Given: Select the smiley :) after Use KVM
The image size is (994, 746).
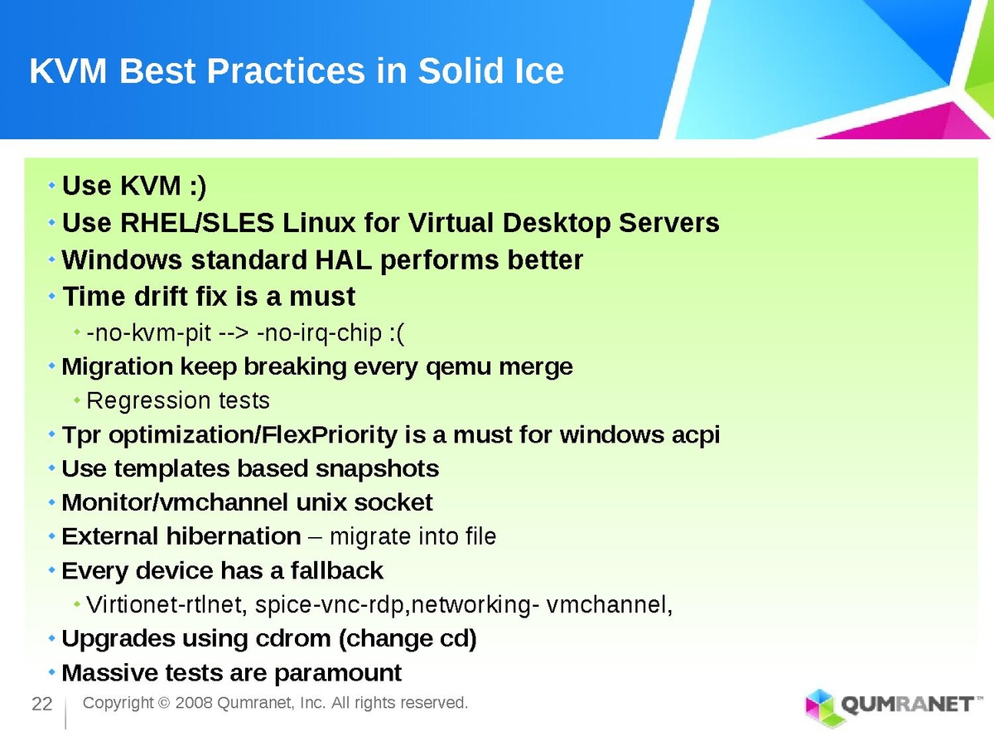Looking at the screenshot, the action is (x=197, y=186).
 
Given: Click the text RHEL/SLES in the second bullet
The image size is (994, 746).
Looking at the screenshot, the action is (x=197, y=223).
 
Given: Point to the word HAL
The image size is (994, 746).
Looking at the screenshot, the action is (x=343, y=260).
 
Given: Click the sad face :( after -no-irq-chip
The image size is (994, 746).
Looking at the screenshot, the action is (x=396, y=334).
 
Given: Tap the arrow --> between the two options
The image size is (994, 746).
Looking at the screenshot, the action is (x=234, y=334).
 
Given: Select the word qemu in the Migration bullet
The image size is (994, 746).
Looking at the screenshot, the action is (x=458, y=368).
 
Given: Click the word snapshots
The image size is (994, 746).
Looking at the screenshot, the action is (x=377, y=469).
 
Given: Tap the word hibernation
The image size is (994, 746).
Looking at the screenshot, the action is (x=234, y=536).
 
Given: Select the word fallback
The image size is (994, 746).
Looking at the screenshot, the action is (x=336, y=571).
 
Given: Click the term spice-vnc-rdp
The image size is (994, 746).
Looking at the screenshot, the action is (x=329, y=605).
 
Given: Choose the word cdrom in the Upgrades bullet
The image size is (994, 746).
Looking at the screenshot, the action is (x=293, y=638).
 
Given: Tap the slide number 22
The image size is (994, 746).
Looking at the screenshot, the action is (x=42, y=705).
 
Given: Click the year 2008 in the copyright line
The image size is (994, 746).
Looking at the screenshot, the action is (x=194, y=703).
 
